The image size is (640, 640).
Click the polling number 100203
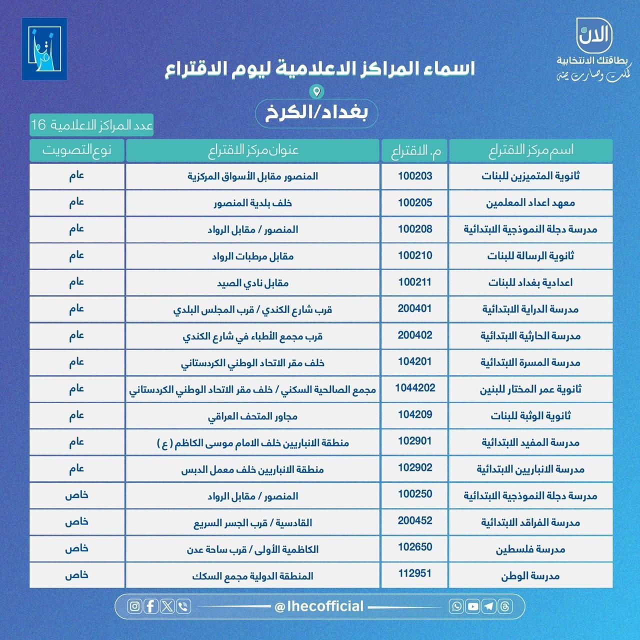[x=415, y=176]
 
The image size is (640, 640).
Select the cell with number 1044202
[x=415, y=388]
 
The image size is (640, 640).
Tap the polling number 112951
[x=415, y=573]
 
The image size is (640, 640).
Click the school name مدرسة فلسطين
[x=530, y=549]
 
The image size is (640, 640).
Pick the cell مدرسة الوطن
[x=530, y=576]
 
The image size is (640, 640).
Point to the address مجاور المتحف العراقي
[x=252, y=416]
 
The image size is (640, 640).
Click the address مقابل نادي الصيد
[x=252, y=283]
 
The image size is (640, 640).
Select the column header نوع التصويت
[x=76, y=150]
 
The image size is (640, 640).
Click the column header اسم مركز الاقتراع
[x=530, y=150]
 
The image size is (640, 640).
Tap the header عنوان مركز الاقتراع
[x=252, y=150]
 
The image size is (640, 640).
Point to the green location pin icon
[x=316, y=91]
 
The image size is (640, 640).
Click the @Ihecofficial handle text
[x=319, y=606]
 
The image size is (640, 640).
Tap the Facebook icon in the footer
[x=151, y=606]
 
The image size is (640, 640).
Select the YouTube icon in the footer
[x=472, y=606]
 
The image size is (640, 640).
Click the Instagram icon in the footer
[x=134, y=606]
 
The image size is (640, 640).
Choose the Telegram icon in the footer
[x=489, y=606]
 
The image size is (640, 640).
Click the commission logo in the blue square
[x=44, y=49]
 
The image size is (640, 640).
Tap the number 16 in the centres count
[x=38, y=124]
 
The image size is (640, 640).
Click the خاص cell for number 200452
[x=76, y=521]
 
